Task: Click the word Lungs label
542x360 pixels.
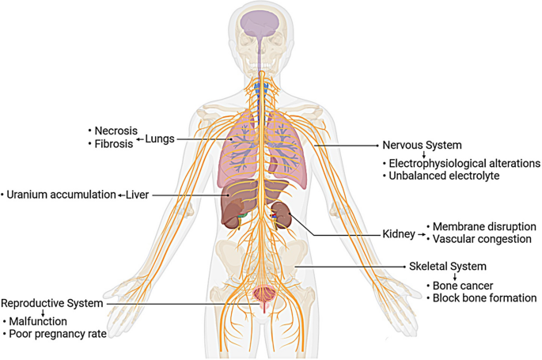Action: pyautogui.click(x=159, y=139)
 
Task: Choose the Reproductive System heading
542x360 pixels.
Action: pyautogui.click(x=52, y=303)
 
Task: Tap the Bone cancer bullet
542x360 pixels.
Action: pyautogui.click(x=454, y=285)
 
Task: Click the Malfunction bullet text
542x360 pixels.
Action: pyautogui.click(x=39, y=322)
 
